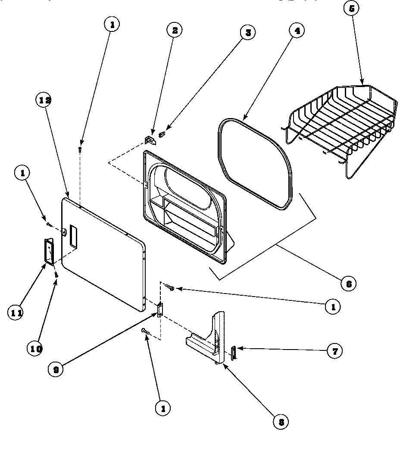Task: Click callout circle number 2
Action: (x=175, y=31)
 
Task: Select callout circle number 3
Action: (x=247, y=32)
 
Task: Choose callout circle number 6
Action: (x=348, y=283)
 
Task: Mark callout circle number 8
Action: (x=281, y=422)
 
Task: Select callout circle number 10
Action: (x=36, y=349)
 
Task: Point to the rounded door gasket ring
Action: (x=254, y=164)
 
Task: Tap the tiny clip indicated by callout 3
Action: (x=162, y=134)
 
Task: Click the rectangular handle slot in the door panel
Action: (x=73, y=237)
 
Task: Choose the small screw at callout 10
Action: (x=56, y=274)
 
